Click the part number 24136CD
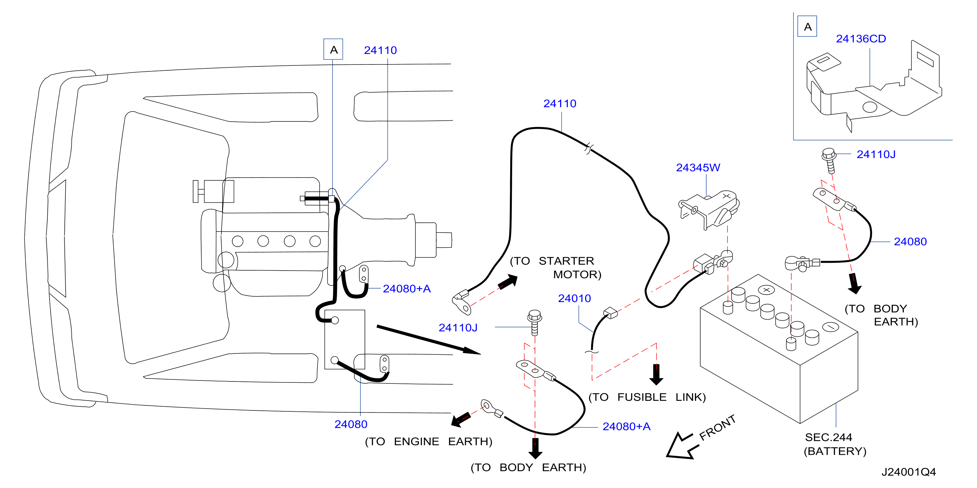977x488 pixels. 861,39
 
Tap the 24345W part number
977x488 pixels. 698,167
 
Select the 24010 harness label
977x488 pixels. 574,298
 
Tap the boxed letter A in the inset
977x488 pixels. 807,27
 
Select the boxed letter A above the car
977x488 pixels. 333,49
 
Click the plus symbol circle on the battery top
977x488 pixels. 767,290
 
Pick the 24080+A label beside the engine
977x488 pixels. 407,288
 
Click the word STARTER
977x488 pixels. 566,261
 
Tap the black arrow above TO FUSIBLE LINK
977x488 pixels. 656,375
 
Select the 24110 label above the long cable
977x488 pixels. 560,103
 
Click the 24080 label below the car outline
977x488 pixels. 351,424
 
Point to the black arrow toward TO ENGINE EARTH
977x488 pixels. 461,419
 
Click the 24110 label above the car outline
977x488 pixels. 380,50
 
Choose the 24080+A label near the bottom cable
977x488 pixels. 627,426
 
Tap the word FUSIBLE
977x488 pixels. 642,397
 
